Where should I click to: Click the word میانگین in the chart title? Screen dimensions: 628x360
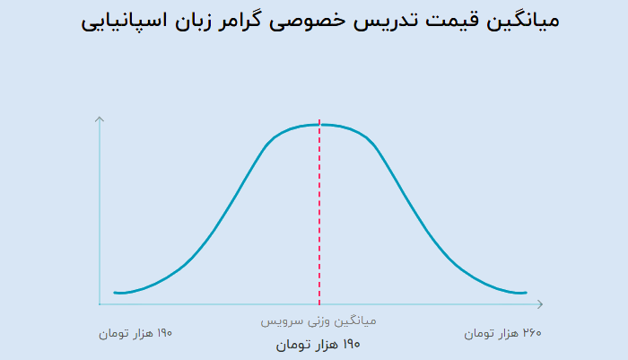pyautogui.click(x=523, y=21)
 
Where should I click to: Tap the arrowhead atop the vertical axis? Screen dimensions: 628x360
pyautogui.click(x=100, y=119)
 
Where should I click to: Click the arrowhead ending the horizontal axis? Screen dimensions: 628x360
pyautogui.click(x=540, y=304)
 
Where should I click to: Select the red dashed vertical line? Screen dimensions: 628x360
pyautogui.click(x=319, y=213)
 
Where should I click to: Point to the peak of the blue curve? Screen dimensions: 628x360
pyautogui.click(x=319, y=125)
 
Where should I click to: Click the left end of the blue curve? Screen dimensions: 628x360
pyautogui.click(x=115, y=293)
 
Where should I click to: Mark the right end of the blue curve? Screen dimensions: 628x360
pyautogui.click(x=526, y=293)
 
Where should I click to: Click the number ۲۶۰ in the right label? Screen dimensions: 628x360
pyautogui.click(x=532, y=333)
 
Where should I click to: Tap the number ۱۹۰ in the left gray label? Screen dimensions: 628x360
pyautogui.click(x=164, y=333)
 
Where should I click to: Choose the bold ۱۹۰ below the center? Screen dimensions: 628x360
pyautogui.click(x=352, y=344)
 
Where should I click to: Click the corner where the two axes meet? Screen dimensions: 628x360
pyautogui.click(x=100, y=304)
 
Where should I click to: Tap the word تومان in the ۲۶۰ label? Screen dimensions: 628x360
pyautogui.click(x=478, y=334)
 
